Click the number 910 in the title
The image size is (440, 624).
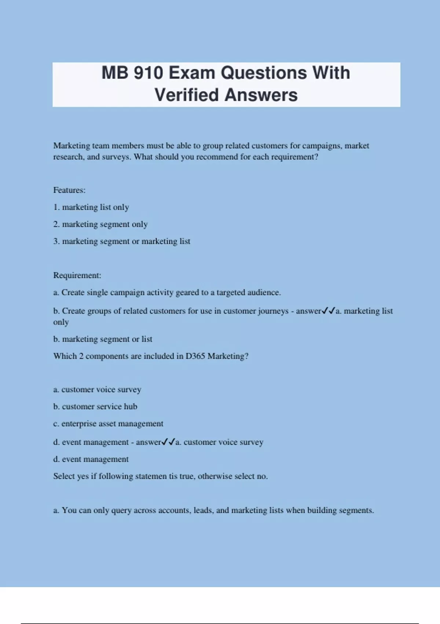[x=148, y=73]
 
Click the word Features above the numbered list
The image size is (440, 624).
[x=69, y=190]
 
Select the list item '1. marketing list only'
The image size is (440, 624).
[x=91, y=207]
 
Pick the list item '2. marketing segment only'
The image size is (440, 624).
[x=100, y=224]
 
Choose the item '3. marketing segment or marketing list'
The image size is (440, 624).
[x=121, y=242]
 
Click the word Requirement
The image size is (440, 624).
[x=77, y=275]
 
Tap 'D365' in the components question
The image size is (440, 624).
[x=195, y=356]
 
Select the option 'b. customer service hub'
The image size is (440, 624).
[x=95, y=407]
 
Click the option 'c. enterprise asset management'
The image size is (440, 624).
[x=108, y=424]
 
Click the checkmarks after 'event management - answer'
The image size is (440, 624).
[x=168, y=442]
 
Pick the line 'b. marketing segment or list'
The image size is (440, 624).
[x=103, y=339]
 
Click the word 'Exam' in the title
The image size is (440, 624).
[x=191, y=73]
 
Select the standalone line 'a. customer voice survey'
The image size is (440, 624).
[x=97, y=389]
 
